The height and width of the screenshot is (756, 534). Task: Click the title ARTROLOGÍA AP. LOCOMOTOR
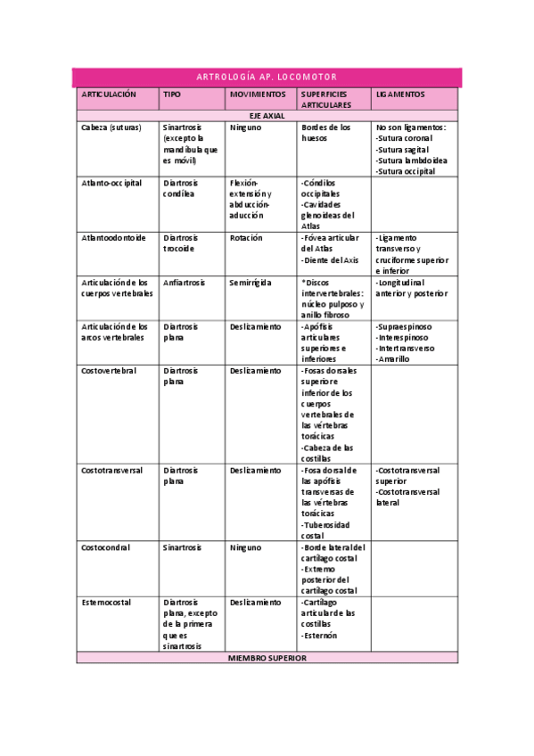pyautogui.click(x=267, y=78)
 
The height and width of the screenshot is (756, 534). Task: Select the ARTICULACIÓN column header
pyautogui.click(x=109, y=94)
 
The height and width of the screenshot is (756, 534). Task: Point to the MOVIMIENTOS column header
pyautogui.click(x=258, y=94)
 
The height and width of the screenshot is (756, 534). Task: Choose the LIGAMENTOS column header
pyautogui.click(x=400, y=94)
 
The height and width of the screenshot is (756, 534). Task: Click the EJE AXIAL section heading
pyautogui.click(x=267, y=116)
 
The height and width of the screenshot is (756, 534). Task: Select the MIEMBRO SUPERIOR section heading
pyautogui.click(x=267, y=658)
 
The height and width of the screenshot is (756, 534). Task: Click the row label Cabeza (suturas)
pyautogui.click(x=111, y=127)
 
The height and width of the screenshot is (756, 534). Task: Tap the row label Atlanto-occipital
pyautogui.click(x=111, y=183)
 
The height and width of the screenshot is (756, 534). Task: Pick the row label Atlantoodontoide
pyautogui.click(x=111, y=238)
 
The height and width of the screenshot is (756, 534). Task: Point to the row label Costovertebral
pyautogui.click(x=109, y=371)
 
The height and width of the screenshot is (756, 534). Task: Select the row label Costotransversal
pyautogui.click(x=112, y=470)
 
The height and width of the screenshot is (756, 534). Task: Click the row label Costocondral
pyautogui.click(x=106, y=547)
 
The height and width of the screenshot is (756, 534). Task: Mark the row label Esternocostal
pyautogui.click(x=106, y=603)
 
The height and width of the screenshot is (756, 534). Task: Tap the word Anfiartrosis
pyautogui.click(x=185, y=283)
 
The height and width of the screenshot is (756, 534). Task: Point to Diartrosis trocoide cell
pyautogui.click(x=181, y=243)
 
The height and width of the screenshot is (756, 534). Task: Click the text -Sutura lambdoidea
pyautogui.click(x=412, y=160)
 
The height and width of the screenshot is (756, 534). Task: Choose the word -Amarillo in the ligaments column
pyautogui.click(x=393, y=359)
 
